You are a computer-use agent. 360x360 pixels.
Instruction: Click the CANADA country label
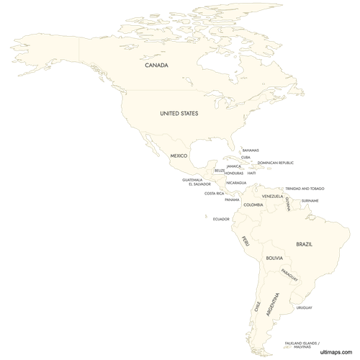(x=156, y=66)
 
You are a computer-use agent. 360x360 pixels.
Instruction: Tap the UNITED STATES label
(x=179, y=113)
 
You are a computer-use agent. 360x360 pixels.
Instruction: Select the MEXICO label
(x=179, y=156)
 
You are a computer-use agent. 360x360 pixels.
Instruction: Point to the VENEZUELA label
(x=272, y=197)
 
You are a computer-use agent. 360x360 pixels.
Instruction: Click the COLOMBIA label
(x=253, y=205)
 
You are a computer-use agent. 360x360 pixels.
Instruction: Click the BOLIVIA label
(x=274, y=257)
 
